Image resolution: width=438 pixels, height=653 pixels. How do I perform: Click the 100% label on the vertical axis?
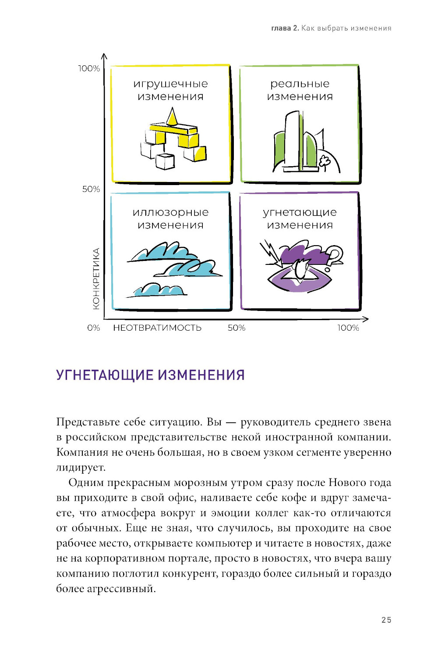[89, 68]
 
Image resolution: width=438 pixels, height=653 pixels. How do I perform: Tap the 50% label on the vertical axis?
[91, 189]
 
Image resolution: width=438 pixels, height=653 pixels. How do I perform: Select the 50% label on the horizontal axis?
[237, 328]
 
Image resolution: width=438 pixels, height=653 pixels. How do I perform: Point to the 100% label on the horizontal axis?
[348, 328]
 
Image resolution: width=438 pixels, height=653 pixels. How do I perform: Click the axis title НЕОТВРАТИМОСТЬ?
[157, 328]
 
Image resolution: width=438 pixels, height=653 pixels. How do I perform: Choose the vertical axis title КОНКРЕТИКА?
[96, 278]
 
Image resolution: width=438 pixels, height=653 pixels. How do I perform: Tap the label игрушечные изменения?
[170, 90]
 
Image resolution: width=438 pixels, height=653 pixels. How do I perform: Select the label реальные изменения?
[300, 90]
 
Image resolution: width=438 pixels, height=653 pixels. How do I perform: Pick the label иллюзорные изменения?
[170, 218]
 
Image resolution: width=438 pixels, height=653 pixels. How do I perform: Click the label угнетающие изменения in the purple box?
[300, 218]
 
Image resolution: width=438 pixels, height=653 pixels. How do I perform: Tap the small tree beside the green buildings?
[325, 162]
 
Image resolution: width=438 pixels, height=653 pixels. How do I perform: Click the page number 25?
[386, 620]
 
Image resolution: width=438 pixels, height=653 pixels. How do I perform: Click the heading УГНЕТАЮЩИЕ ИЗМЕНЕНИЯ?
[150, 375]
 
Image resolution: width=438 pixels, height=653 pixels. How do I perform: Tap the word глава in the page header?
[281, 29]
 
